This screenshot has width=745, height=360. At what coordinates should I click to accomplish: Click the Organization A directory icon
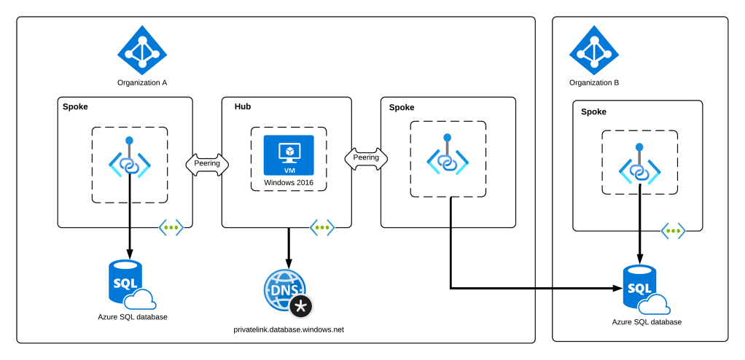click(142, 50)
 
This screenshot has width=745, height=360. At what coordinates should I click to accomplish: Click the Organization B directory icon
click(594, 50)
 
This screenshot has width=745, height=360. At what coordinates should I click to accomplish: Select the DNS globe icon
click(285, 289)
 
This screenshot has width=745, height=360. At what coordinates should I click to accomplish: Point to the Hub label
click(243, 107)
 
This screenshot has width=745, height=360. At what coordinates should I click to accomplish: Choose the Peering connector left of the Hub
click(207, 163)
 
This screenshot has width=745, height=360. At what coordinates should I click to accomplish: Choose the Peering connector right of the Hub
click(366, 157)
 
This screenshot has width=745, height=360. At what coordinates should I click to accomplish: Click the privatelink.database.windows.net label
click(289, 330)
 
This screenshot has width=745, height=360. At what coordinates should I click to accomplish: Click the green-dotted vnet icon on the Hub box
click(322, 227)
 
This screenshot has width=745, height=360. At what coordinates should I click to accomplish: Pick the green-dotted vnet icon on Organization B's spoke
click(674, 231)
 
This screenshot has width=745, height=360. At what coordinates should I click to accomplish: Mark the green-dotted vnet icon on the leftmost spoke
click(171, 227)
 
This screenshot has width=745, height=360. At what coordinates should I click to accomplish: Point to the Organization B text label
click(594, 82)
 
